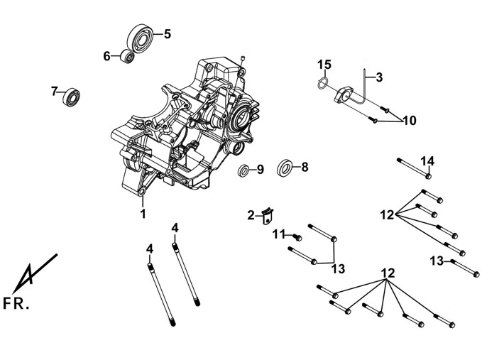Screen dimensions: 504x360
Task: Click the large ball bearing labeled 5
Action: [x=140, y=38]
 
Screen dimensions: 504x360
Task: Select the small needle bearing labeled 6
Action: [x=127, y=57]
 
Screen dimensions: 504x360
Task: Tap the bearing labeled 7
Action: [x=71, y=97]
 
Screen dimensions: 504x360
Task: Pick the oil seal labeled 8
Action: [x=285, y=168]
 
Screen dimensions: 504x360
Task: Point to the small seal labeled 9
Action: [x=243, y=170]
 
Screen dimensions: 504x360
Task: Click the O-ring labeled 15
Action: [x=322, y=83]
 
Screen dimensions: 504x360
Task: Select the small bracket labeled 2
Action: [x=268, y=216]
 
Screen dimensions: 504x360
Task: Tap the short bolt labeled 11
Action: [x=297, y=238]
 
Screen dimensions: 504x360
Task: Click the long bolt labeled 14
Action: [x=414, y=168]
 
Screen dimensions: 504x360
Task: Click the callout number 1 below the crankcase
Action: [x=143, y=214]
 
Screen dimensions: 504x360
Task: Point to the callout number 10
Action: [x=409, y=121]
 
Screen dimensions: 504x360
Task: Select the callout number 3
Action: [x=379, y=77]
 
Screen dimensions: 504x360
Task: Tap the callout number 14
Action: [x=428, y=161]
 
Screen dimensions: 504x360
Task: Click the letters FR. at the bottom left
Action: [x=16, y=303]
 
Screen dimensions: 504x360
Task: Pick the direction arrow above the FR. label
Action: [x=35, y=273]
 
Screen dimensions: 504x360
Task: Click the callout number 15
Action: [x=324, y=65]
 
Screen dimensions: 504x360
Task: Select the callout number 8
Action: [x=305, y=167]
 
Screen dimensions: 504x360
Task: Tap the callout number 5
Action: [x=168, y=34]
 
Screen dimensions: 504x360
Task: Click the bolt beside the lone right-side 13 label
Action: [x=465, y=268]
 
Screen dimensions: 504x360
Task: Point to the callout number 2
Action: [x=251, y=215]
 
